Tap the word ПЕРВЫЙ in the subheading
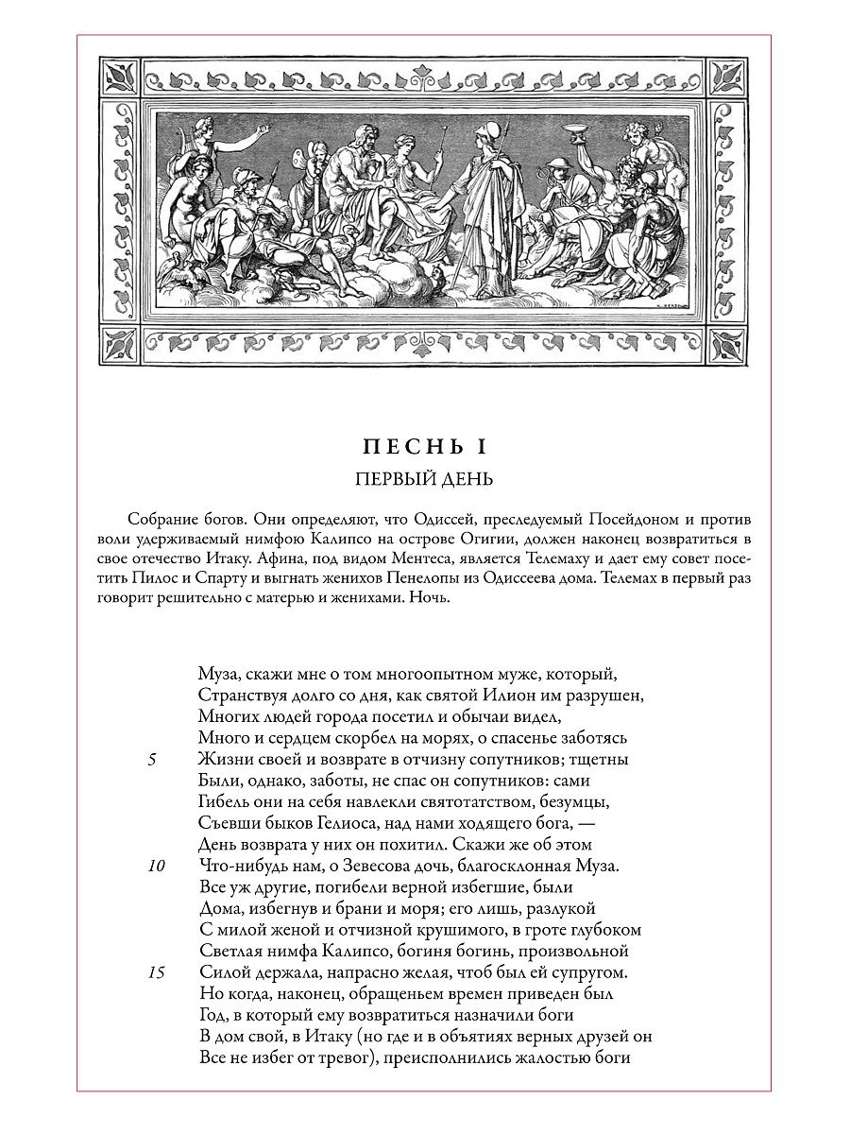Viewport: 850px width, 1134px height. tap(390, 479)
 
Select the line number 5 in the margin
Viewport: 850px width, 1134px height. tap(153, 760)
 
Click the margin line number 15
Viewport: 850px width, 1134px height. tap(158, 972)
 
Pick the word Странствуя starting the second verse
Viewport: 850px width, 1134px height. tap(241, 696)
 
